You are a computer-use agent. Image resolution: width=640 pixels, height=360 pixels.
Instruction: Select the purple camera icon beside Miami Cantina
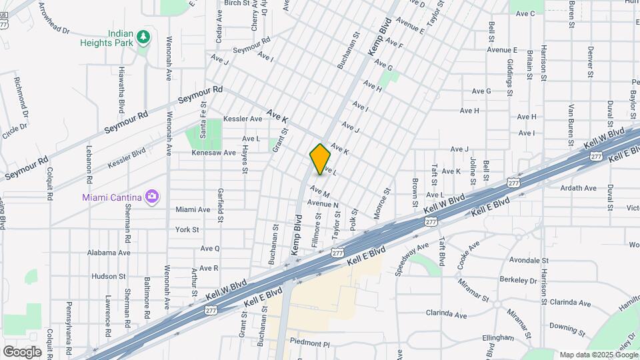pyautogui.click(x=152, y=196)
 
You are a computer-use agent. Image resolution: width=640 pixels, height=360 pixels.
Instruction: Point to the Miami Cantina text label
pyautogui.click(x=113, y=197)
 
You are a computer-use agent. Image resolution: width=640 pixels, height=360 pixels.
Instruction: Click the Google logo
pyautogui.click(x=23, y=351)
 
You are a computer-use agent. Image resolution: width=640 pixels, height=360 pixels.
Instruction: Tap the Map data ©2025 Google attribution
pyautogui.click(x=598, y=355)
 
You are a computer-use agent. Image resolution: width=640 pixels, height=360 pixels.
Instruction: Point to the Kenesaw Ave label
pyautogui.click(x=214, y=153)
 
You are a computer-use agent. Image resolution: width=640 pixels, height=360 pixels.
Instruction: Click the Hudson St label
pyautogui.click(x=104, y=276)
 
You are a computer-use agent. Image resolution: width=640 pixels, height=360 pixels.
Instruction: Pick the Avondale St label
pyautogui.click(x=528, y=260)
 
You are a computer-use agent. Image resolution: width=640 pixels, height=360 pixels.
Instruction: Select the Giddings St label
pyautogui.click(x=509, y=74)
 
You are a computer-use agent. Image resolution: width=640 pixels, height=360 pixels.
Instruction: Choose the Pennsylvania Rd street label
pyautogui.click(x=68, y=321)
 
